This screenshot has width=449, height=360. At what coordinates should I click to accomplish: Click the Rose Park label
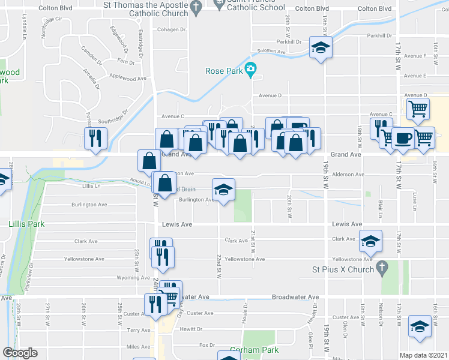tap(224, 71)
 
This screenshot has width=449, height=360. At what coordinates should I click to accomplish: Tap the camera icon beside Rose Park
tap(251, 70)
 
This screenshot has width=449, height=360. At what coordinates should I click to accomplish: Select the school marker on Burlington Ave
tap(223, 190)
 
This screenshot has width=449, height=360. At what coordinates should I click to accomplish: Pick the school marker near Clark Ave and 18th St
tap(370, 241)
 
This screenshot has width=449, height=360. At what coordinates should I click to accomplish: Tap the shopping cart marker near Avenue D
tap(418, 109)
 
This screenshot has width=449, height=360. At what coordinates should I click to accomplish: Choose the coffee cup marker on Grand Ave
tap(403, 137)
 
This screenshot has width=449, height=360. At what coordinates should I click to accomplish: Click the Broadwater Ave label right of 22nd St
tap(295, 297)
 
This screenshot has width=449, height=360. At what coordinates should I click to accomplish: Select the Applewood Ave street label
tap(127, 78)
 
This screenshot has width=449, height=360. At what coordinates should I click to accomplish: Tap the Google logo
tap(20, 353)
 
